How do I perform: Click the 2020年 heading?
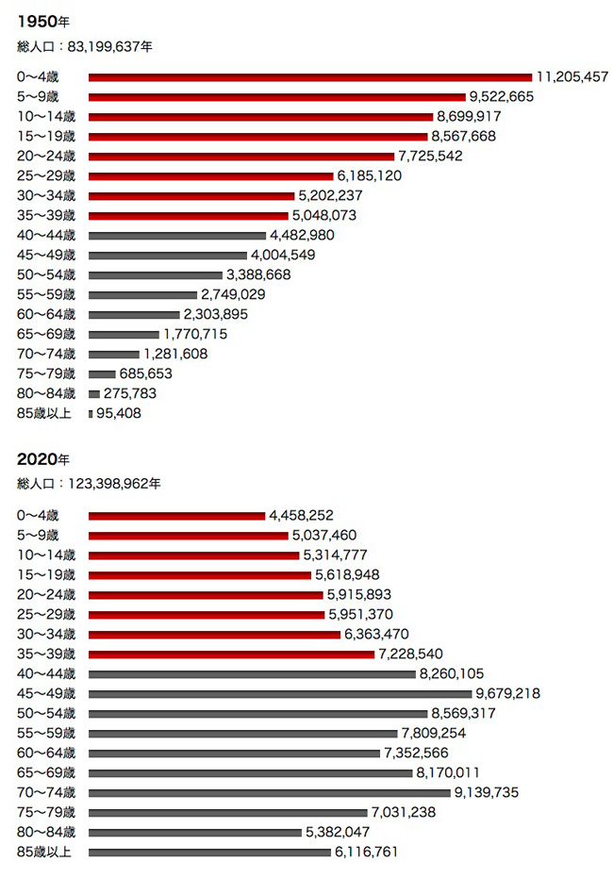[43, 459]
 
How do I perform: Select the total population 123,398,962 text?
[89, 485]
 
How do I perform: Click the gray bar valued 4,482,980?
[176, 235]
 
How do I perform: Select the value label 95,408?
[119, 413]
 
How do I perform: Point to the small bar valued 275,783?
[94, 393]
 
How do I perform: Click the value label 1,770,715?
[195, 334]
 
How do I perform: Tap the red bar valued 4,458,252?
[176, 515]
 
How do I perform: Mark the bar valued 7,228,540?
[231, 654]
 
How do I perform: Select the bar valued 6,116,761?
[209, 852]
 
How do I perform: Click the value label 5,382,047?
[337, 832]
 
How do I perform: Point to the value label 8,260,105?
[453, 673]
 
